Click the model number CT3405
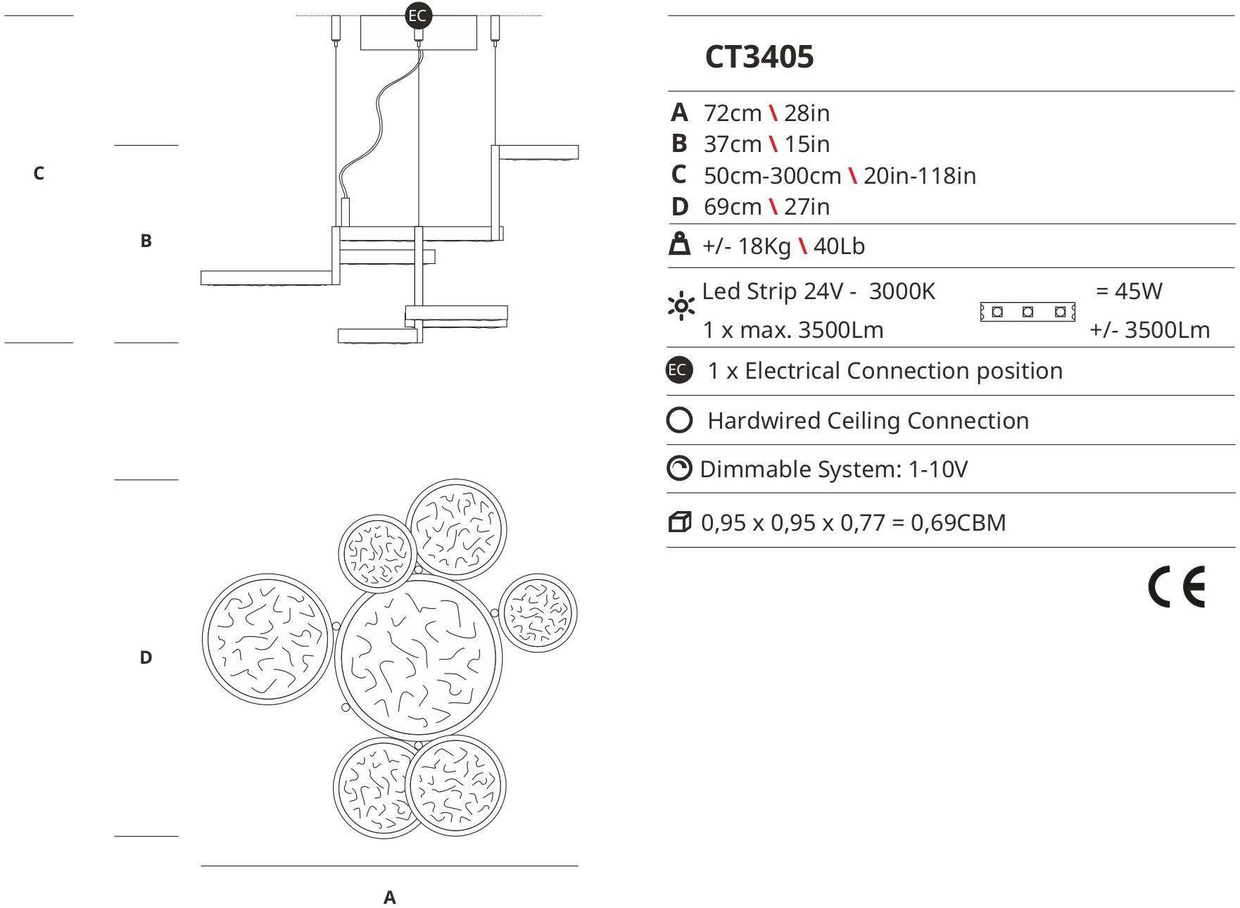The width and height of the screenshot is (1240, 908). click(759, 57)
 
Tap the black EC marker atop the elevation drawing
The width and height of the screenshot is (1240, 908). click(418, 15)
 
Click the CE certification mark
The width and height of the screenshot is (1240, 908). click(1176, 586)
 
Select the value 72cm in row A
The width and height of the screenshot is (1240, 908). click(732, 113)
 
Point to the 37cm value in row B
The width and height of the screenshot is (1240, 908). click(732, 144)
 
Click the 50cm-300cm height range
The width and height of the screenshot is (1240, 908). click(772, 175)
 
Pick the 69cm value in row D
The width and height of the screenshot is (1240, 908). click(732, 207)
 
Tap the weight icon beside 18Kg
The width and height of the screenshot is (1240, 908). click(679, 244)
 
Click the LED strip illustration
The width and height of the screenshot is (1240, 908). click(1027, 311)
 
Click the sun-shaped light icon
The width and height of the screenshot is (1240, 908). click(681, 306)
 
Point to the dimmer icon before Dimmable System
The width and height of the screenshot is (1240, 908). click(679, 469)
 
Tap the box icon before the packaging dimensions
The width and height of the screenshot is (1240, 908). click(679, 522)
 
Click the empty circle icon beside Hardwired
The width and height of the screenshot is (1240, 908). click(679, 420)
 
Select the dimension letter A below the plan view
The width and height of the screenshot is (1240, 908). click(389, 897)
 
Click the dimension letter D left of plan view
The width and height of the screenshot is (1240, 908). click(146, 657)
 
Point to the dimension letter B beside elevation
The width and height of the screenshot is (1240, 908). click(146, 241)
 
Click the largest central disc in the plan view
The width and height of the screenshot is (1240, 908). click(418, 658)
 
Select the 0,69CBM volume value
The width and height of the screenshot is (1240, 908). click(958, 522)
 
